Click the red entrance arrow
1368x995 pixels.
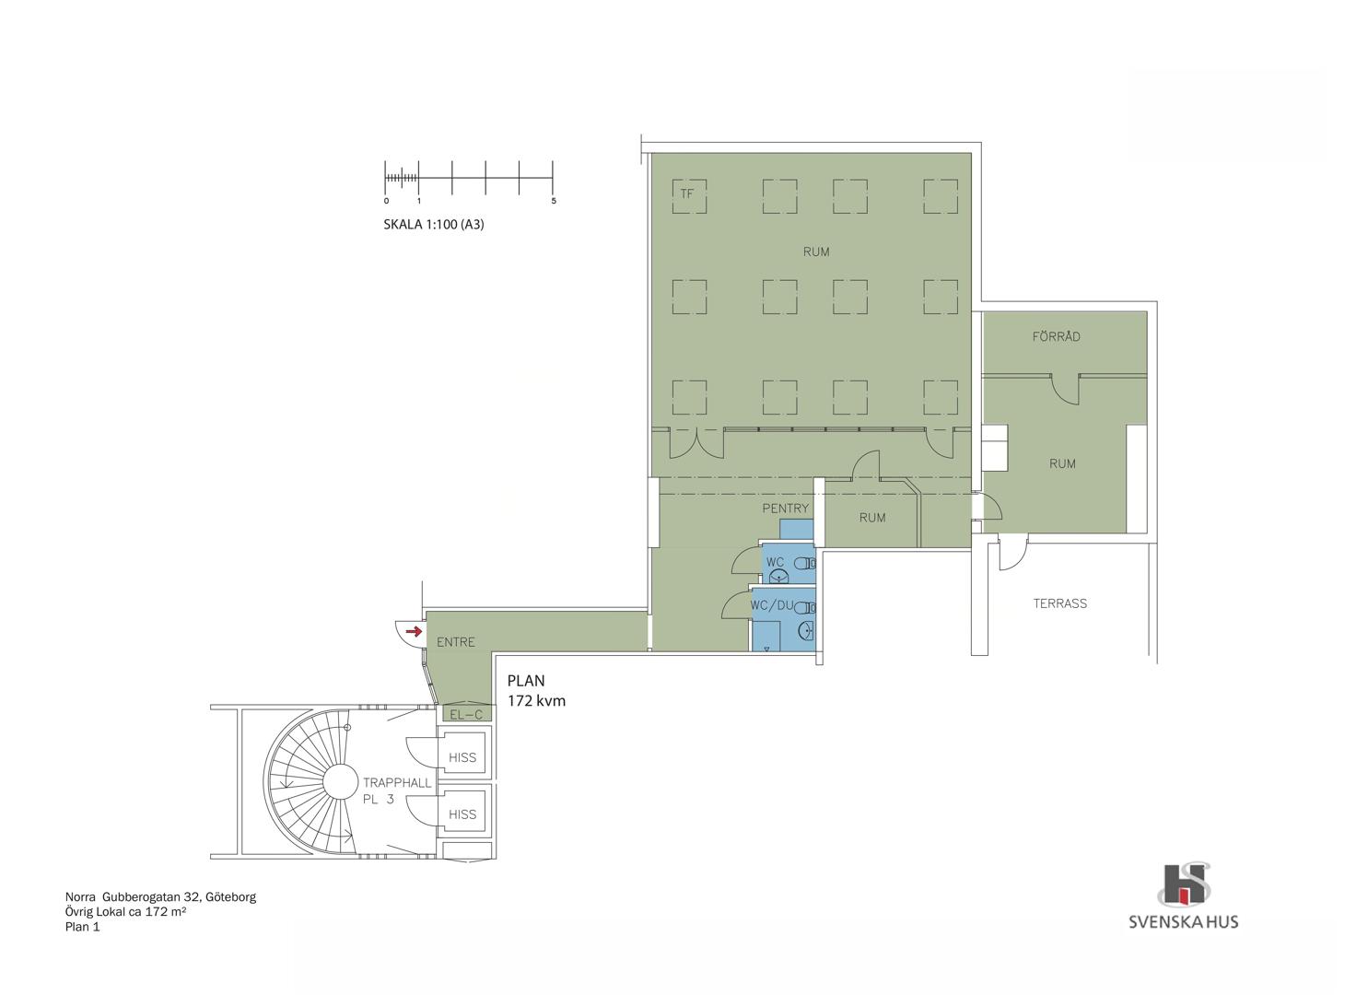[x=414, y=630]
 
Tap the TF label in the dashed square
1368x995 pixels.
[x=687, y=193]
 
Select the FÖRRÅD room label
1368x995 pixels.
[x=1056, y=336]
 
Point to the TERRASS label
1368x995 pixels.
[x=1059, y=603]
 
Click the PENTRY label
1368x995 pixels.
[x=785, y=508]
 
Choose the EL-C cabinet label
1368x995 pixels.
[x=465, y=715]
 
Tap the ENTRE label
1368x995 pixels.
[x=456, y=642]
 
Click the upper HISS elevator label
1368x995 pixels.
[x=462, y=757]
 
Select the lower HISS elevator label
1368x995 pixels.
[x=462, y=814]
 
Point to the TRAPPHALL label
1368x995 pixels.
[x=397, y=782]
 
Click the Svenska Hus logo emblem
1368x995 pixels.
[x=1184, y=885]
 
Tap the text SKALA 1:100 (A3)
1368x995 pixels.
[x=434, y=224]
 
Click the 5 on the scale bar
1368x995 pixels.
[x=554, y=201]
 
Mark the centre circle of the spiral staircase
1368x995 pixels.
[x=340, y=782]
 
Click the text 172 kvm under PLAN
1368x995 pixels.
[x=536, y=700]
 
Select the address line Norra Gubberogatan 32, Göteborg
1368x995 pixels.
[x=160, y=897]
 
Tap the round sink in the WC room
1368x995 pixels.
[x=778, y=576]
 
